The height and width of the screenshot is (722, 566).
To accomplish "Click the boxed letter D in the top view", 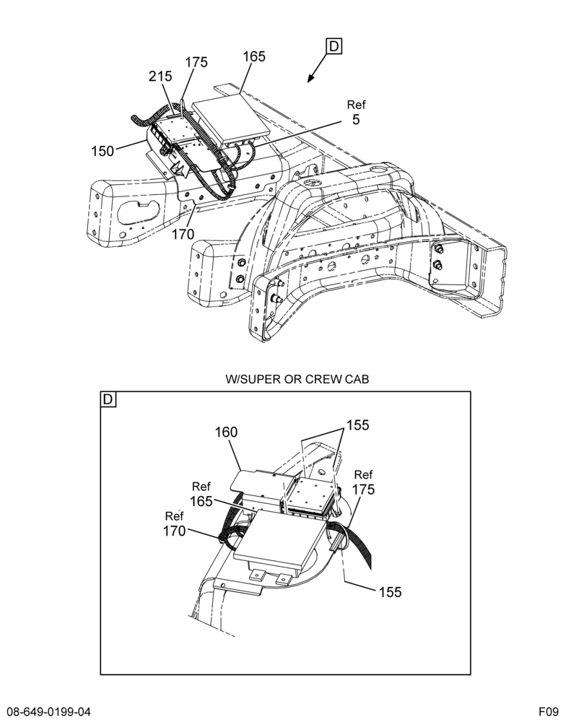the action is [334, 46].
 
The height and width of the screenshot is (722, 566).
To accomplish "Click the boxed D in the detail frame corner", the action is [108, 399].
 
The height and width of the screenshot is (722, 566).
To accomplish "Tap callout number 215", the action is [160, 77].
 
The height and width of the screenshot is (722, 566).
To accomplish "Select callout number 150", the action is [103, 151].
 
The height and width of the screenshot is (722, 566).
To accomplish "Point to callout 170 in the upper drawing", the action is [183, 235].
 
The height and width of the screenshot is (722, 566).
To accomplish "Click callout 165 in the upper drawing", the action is [254, 56].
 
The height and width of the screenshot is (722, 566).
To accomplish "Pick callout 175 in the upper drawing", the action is [196, 62].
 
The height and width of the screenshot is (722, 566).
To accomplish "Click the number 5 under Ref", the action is [356, 120].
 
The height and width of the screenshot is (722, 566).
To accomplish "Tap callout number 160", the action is [226, 432].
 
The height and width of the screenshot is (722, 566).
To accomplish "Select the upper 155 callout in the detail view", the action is [358, 425].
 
